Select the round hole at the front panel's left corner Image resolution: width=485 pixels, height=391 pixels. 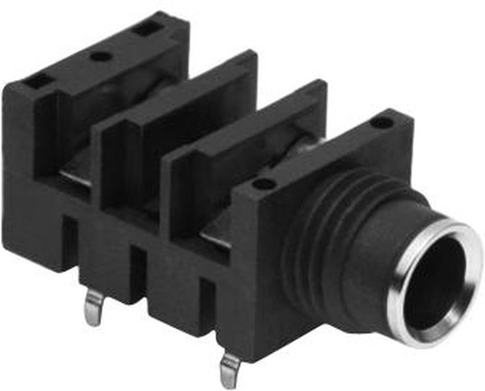click(261, 184)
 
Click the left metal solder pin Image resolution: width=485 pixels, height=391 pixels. click(95, 307)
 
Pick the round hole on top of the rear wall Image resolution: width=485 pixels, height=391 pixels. click(99, 57)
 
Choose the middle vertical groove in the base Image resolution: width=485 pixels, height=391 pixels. click(138, 275)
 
